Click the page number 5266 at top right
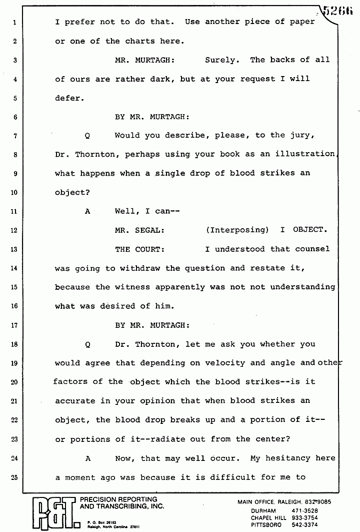click(340, 9)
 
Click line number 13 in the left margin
click(15, 249)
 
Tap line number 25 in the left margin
click(15, 477)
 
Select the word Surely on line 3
click(220, 60)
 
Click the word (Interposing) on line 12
click(237, 230)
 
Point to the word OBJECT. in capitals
click(310, 230)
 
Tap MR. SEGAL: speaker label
click(139, 230)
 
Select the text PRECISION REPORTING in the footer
click(118, 499)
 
